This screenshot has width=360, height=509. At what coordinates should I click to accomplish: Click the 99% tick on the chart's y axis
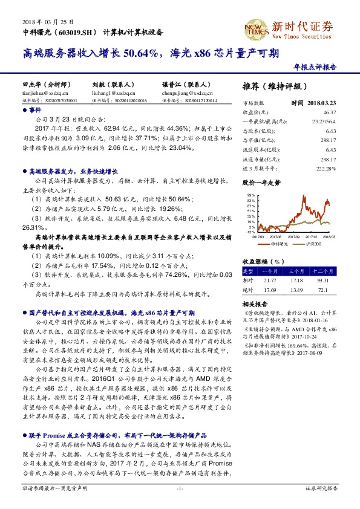[250, 195]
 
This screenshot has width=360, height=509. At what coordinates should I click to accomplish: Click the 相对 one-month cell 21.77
[269, 280]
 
